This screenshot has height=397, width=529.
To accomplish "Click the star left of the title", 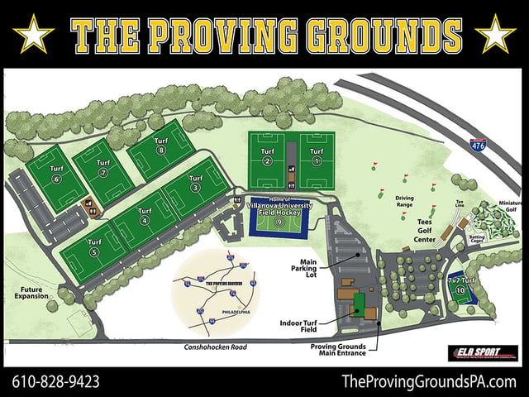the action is point(34,34).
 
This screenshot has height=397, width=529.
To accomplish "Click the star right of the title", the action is point(496,34).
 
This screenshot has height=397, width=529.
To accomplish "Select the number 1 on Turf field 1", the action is point(316,162).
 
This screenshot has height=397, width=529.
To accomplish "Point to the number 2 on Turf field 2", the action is point(267,162).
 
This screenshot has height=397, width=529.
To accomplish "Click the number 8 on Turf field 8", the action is point(160,151).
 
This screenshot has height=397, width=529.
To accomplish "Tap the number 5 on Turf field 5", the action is point(93,252).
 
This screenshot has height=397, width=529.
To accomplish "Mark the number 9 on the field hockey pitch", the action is point(279,222).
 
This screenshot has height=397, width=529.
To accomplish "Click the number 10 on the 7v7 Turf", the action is point(460,290).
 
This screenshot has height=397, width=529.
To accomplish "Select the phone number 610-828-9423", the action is point(56,381).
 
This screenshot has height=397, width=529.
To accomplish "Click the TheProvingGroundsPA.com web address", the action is point(428,381).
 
